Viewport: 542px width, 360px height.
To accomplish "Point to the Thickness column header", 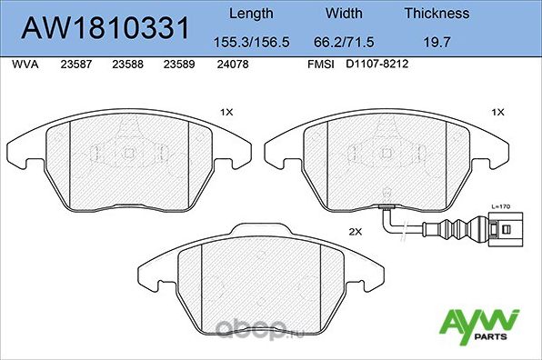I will point(437,14).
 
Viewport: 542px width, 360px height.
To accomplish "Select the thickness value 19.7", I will point(437,41).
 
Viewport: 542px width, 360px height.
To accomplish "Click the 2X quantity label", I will point(355,233).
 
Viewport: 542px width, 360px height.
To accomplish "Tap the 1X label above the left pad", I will point(227,113).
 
